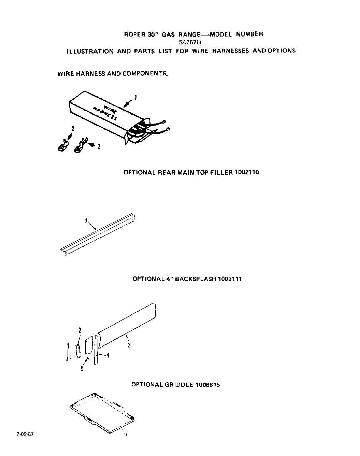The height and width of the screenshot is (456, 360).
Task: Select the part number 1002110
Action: click(x=247, y=172)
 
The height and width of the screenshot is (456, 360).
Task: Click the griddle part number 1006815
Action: click(x=207, y=385)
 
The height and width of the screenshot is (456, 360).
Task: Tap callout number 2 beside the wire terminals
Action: click(x=73, y=129)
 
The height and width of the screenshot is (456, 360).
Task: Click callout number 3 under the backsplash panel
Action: click(x=129, y=345)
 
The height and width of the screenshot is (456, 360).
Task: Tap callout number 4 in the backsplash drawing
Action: click(x=108, y=355)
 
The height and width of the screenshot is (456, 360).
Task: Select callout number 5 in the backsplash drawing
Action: click(x=82, y=369)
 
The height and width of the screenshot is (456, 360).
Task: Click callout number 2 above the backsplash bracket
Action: click(x=80, y=330)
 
